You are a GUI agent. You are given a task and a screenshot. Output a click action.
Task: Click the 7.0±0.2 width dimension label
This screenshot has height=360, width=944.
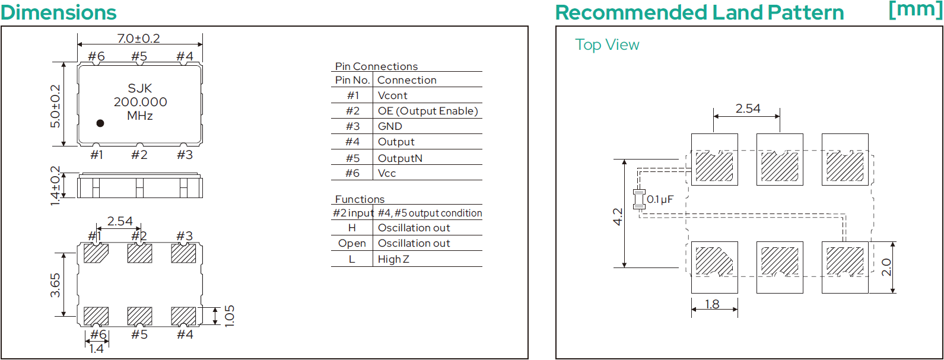(x=139, y=39)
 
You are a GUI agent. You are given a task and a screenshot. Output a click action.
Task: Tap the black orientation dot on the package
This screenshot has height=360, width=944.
(x=100, y=123)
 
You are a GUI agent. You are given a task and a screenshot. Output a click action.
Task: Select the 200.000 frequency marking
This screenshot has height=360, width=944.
(x=141, y=102)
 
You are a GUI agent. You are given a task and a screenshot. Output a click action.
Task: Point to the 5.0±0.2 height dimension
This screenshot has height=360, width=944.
(x=55, y=106)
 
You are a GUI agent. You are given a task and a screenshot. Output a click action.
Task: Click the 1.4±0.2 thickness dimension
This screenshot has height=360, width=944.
(x=55, y=186)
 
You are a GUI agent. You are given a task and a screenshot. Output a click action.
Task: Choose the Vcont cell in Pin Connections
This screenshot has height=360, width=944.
(x=392, y=95)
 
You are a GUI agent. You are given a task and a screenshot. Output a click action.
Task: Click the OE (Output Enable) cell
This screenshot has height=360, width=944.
(x=428, y=111)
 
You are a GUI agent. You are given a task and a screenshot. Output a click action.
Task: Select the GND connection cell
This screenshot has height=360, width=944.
(x=390, y=126)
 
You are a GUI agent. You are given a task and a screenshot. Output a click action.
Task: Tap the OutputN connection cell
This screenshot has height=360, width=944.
(x=400, y=158)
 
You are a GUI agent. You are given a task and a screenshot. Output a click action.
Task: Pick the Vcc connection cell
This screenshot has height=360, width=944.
(x=387, y=173)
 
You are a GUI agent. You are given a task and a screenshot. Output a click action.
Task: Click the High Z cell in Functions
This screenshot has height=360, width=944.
(x=393, y=259)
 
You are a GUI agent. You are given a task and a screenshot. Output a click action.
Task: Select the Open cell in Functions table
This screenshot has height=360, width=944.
(x=352, y=243)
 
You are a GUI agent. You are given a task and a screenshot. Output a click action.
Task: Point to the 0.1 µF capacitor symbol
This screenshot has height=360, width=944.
(x=639, y=199)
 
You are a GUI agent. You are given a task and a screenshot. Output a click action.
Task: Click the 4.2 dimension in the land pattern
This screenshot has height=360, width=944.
(x=618, y=217)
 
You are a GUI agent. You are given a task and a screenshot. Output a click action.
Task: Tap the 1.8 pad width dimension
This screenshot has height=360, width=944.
(x=712, y=304)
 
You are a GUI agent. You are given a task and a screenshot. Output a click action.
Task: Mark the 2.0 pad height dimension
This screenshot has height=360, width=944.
(x=886, y=267)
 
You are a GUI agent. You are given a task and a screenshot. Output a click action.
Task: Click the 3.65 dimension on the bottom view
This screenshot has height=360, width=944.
(x=55, y=285)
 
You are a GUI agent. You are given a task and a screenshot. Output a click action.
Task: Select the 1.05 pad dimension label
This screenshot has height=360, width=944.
(x=229, y=316)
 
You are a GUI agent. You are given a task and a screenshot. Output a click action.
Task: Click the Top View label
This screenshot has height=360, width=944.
(x=607, y=44)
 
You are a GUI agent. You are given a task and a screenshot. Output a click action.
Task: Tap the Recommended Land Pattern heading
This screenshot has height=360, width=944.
(x=700, y=12)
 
